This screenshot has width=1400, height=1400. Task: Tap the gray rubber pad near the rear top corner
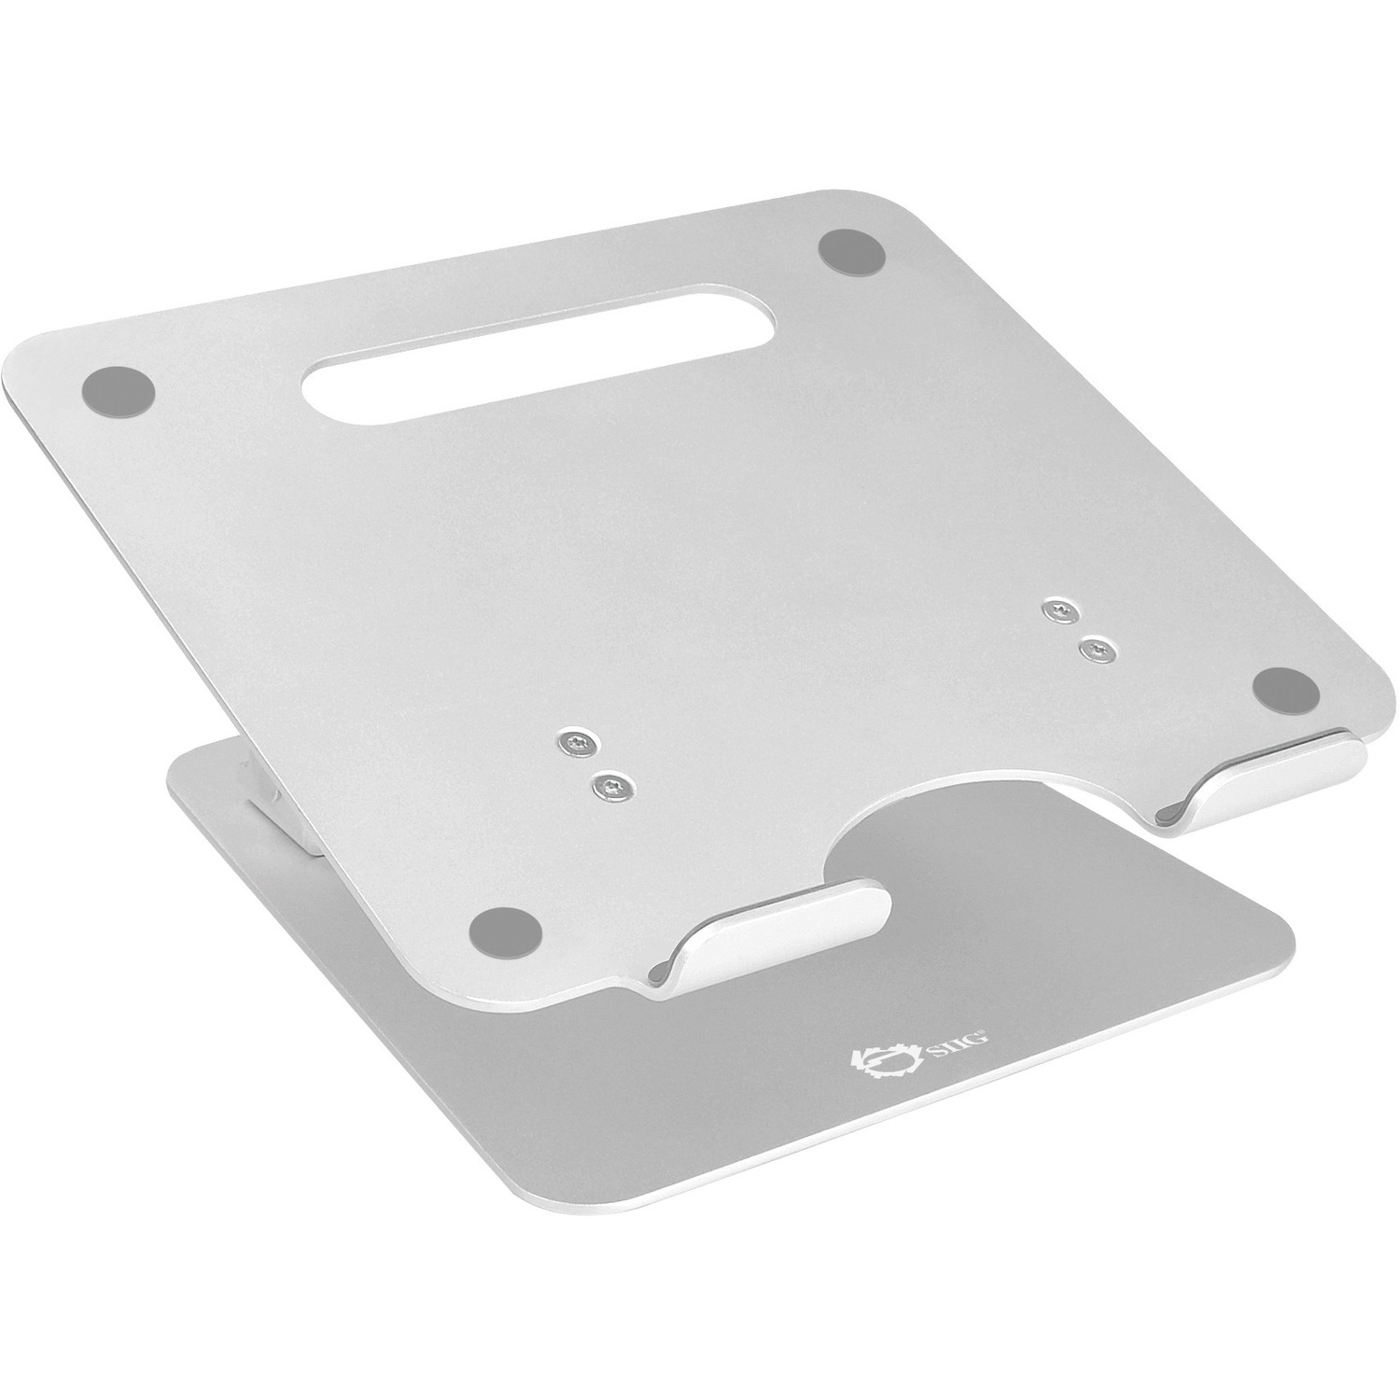(851, 252)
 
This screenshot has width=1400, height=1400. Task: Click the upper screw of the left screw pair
(572, 744)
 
